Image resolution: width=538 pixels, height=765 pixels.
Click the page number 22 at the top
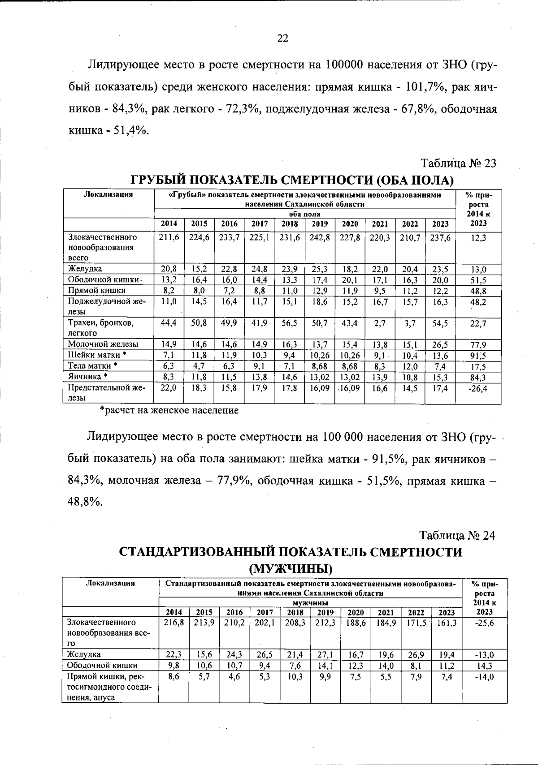282,38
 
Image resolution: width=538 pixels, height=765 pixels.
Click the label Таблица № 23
458,163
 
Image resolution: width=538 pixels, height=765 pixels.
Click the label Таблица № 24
457,535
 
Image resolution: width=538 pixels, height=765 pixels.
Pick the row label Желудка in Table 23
85,269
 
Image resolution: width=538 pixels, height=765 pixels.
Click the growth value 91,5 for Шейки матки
478,356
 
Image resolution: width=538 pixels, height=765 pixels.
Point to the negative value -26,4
478,388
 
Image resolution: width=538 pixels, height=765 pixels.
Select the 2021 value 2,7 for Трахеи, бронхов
379,323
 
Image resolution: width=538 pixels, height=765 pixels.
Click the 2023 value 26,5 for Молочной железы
440,345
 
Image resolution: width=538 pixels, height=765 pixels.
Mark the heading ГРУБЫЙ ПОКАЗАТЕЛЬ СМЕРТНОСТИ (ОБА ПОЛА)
292,181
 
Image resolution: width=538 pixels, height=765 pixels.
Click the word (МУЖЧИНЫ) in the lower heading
291,570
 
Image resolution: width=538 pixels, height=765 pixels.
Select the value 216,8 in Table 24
174,623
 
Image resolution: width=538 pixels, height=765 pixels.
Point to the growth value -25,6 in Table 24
484,623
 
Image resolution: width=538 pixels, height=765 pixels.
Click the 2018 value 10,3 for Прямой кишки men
295,676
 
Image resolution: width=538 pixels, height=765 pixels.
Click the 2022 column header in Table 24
416,612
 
